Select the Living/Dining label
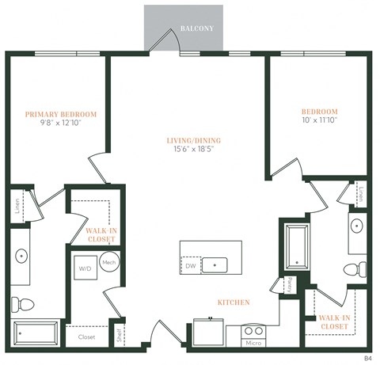[194, 141]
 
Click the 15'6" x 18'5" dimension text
[194, 150]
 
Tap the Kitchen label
[234, 302]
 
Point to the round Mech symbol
[109, 263]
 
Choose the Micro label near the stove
[253, 343]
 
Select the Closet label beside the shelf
[86, 337]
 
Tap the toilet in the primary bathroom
[20, 303]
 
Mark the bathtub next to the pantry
[297, 245]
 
